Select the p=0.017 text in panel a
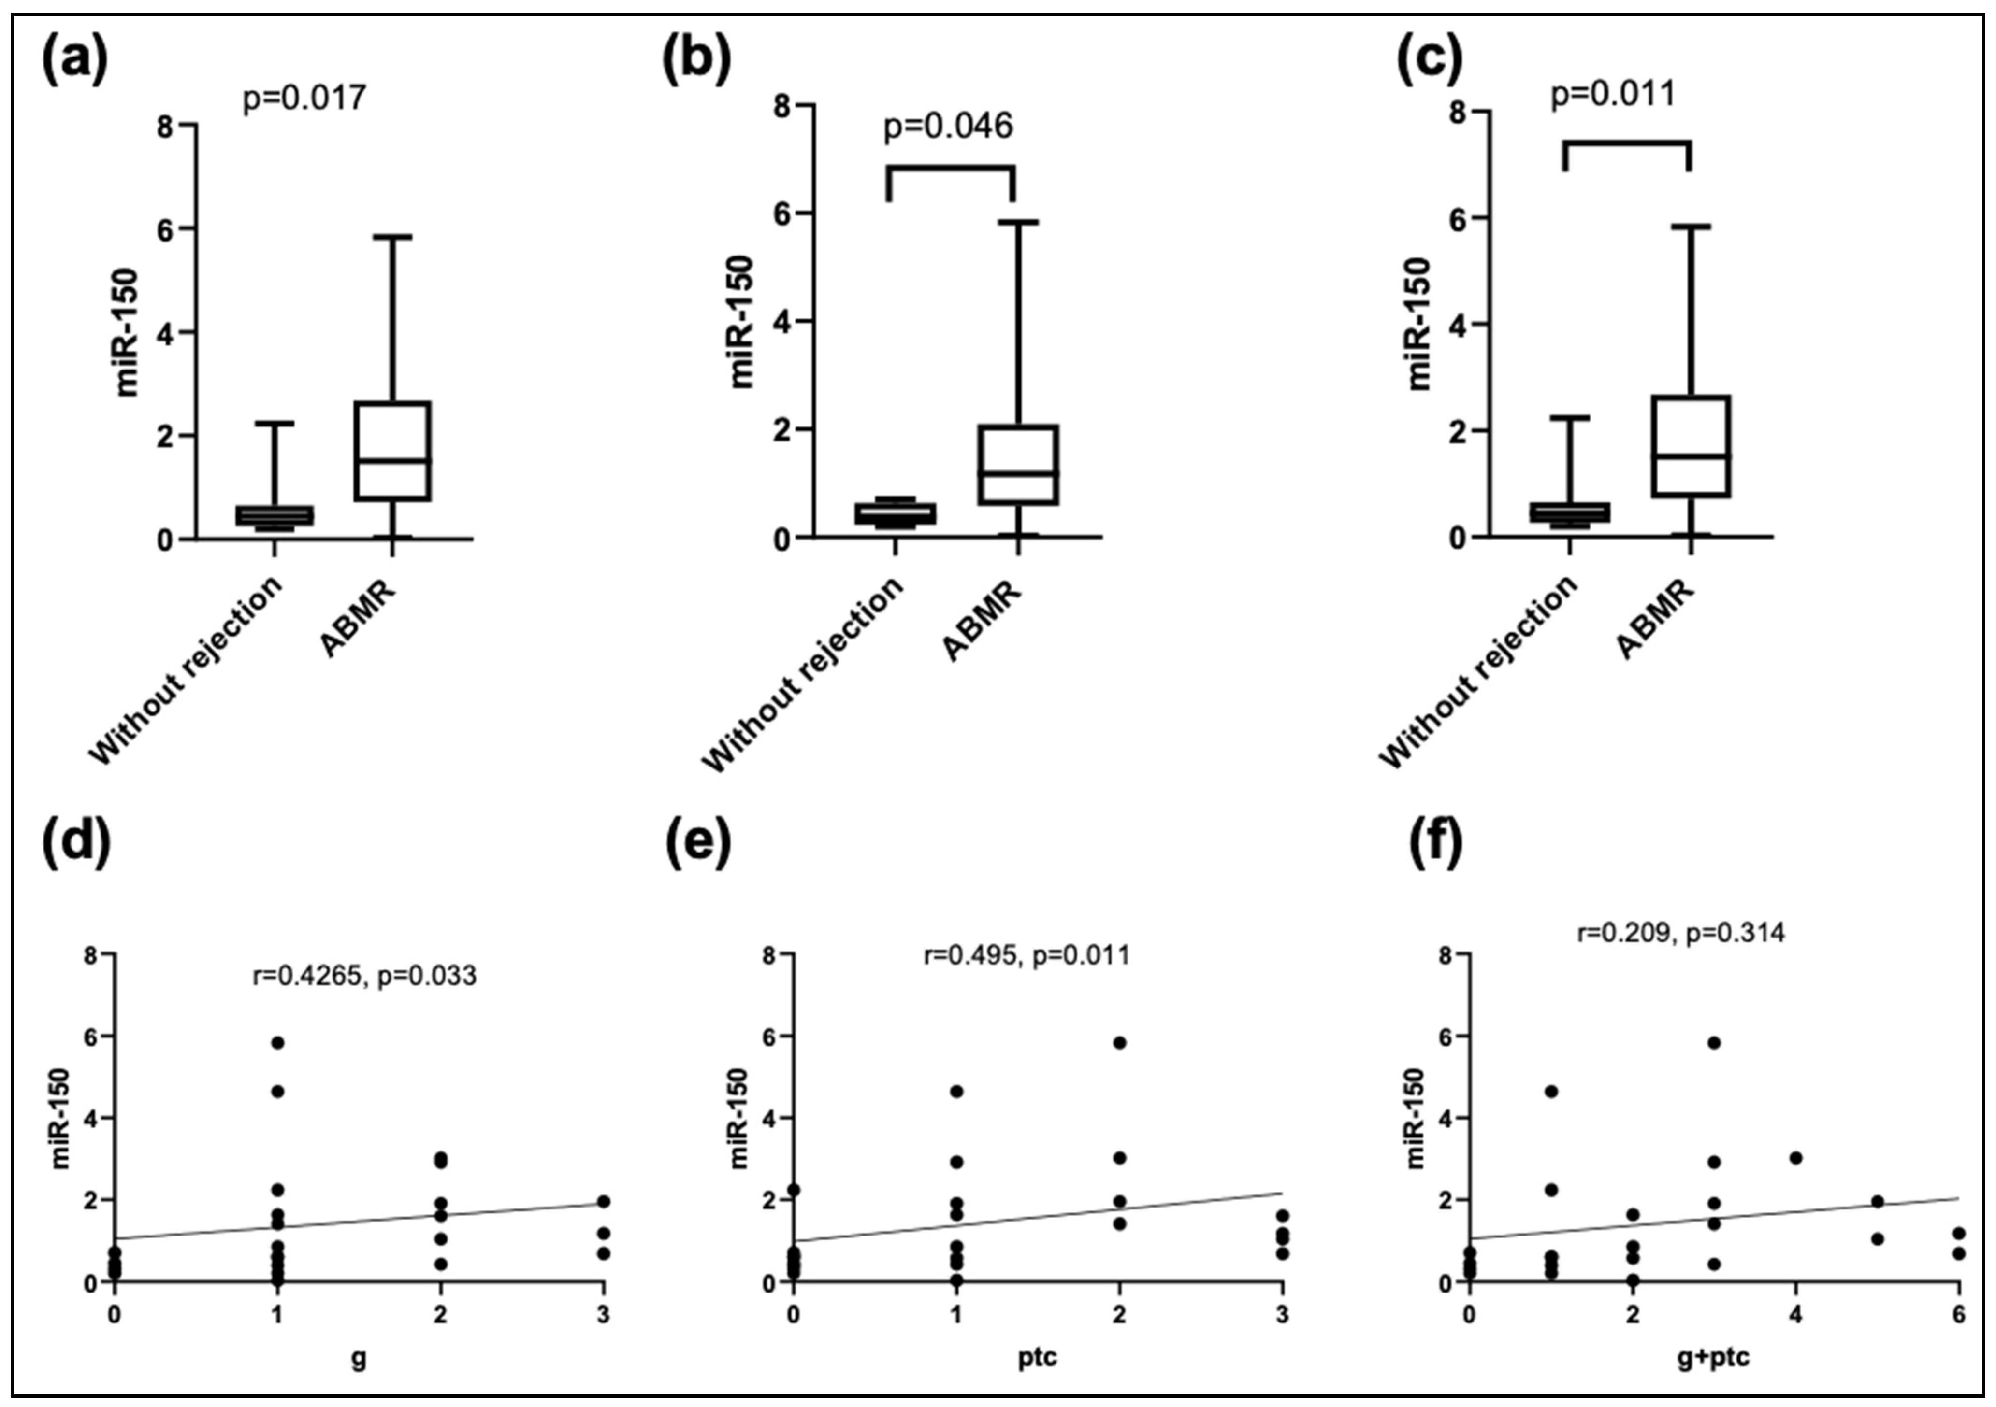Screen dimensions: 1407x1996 click(304, 98)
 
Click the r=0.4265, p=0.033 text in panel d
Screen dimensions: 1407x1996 click(364, 976)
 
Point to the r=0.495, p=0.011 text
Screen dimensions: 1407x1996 click(1026, 955)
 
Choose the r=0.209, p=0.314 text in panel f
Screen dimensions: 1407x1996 click(1680, 933)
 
